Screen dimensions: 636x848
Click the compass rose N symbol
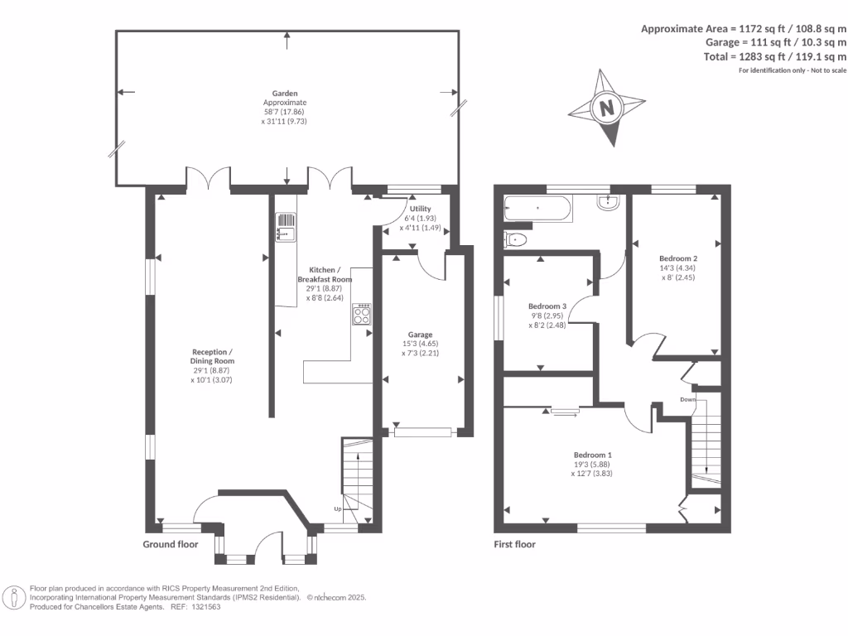[608, 108]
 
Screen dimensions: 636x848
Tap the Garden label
[286, 94]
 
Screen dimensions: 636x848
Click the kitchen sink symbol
[284, 226]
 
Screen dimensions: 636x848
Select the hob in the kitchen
[363, 315]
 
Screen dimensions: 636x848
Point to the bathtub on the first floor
[537, 208]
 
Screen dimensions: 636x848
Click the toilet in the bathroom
[516, 240]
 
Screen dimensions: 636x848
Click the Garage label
[419, 335]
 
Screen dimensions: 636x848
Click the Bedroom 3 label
[547, 306]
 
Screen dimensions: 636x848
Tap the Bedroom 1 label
[593, 455]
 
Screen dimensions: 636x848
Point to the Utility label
[420, 208]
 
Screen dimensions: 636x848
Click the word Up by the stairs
[338, 508]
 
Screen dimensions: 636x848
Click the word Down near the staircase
[687, 399]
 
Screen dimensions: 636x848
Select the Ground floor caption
[171, 544]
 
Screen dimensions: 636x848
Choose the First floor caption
[515, 544]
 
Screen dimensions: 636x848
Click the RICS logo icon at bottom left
[14, 597]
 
